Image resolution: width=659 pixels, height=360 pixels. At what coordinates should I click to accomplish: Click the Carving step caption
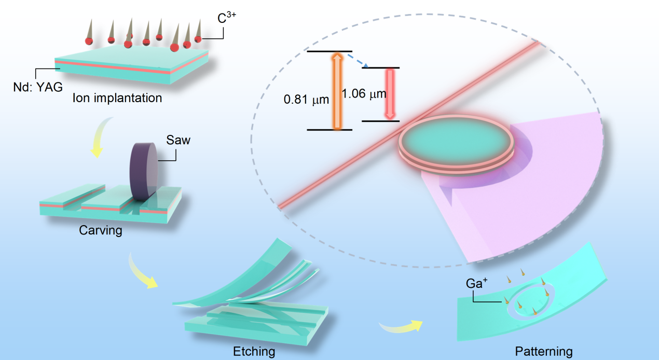coord(101,230)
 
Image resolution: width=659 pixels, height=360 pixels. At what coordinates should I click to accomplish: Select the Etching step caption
coord(254,351)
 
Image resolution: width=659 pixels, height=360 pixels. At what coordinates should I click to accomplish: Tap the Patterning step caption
coord(544,351)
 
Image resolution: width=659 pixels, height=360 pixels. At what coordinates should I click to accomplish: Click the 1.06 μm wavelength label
coord(364,93)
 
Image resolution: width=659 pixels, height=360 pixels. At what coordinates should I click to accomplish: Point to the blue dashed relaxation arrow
coord(356,60)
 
